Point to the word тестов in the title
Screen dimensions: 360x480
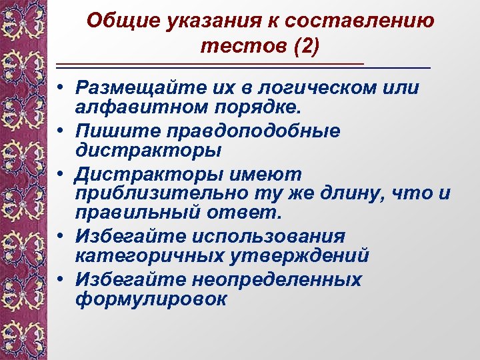(x=235, y=46)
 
